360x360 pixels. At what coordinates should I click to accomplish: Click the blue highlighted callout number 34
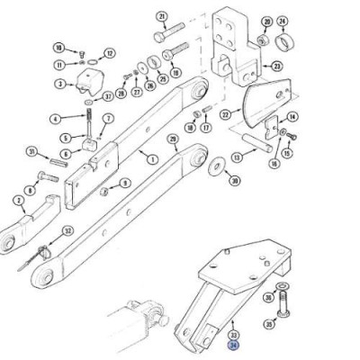[234, 344]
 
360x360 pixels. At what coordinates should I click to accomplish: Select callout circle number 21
[161, 16]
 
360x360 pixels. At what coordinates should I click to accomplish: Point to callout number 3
[59, 84]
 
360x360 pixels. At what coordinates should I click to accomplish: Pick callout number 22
[225, 115]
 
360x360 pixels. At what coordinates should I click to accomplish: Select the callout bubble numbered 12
[110, 54]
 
